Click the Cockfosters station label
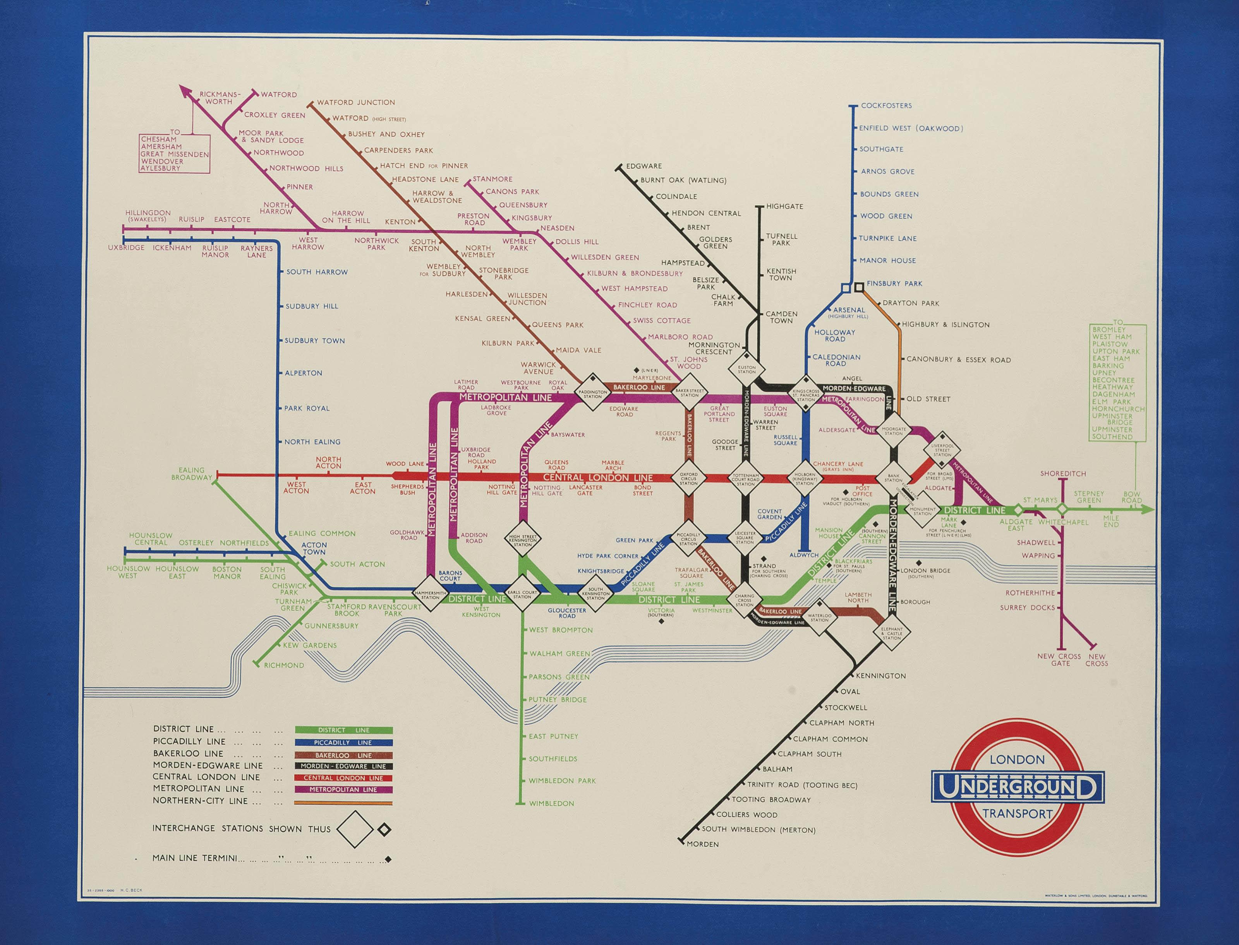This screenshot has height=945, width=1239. pyautogui.click(x=886, y=106)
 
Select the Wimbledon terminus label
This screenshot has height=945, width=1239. pyautogui.click(x=551, y=803)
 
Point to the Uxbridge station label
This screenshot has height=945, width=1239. pyautogui.click(x=126, y=248)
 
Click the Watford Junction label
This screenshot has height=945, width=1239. pyautogui.click(x=356, y=103)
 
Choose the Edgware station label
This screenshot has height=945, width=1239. pyautogui.click(x=644, y=166)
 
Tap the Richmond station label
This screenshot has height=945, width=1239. pyautogui.click(x=284, y=665)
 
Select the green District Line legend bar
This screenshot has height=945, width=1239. pyautogui.click(x=343, y=730)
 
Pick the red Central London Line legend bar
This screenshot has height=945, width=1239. pyautogui.click(x=343, y=779)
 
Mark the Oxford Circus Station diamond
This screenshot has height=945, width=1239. pyautogui.click(x=688, y=478)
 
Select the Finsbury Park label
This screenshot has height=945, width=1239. pyautogui.click(x=894, y=284)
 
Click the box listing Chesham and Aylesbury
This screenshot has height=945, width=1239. pyautogui.click(x=175, y=154)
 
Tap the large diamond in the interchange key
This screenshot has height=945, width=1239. pyautogui.click(x=355, y=829)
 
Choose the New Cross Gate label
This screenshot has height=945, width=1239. pyautogui.click(x=1060, y=660)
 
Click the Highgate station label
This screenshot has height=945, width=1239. pyautogui.click(x=784, y=207)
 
